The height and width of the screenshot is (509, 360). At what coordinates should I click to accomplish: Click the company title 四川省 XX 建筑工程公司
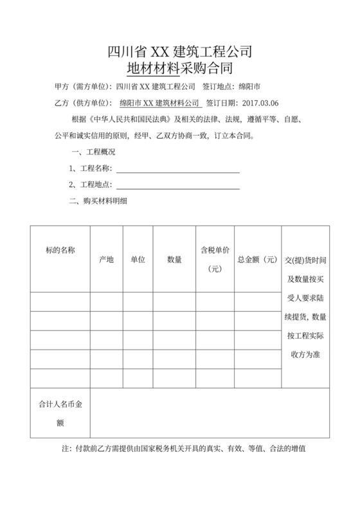click(x=180, y=49)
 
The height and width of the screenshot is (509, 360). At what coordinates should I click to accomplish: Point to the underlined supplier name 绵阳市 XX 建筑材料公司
click(x=160, y=102)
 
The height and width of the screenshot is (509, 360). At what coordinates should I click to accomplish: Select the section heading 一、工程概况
click(x=92, y=152)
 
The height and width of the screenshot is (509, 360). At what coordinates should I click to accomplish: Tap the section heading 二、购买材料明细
click(x=98, y=202)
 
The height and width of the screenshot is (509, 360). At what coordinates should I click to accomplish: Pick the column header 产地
click(x=106, y=260)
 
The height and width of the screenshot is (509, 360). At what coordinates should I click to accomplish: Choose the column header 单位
click(x=138, y=260)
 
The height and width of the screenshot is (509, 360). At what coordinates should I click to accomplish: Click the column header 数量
click(x=174, y=260)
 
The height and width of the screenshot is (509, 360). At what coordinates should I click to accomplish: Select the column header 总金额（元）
click(x=256, y=260)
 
